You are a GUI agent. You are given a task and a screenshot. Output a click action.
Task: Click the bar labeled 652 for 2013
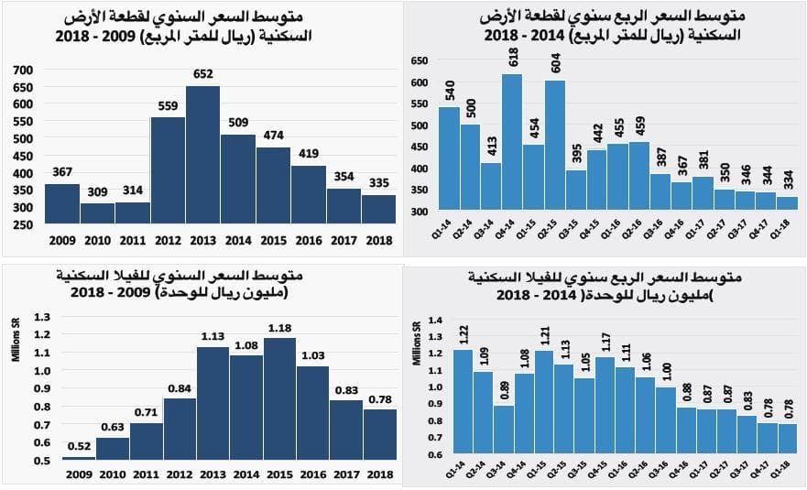202,156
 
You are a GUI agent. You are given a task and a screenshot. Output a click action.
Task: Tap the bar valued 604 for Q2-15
554,146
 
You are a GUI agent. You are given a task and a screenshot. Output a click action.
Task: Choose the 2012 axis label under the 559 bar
168,240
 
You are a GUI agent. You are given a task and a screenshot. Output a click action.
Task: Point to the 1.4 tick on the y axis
435,319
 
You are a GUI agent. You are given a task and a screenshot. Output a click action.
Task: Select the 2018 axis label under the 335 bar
378,240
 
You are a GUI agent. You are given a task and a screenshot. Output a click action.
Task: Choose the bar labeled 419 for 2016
308,194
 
